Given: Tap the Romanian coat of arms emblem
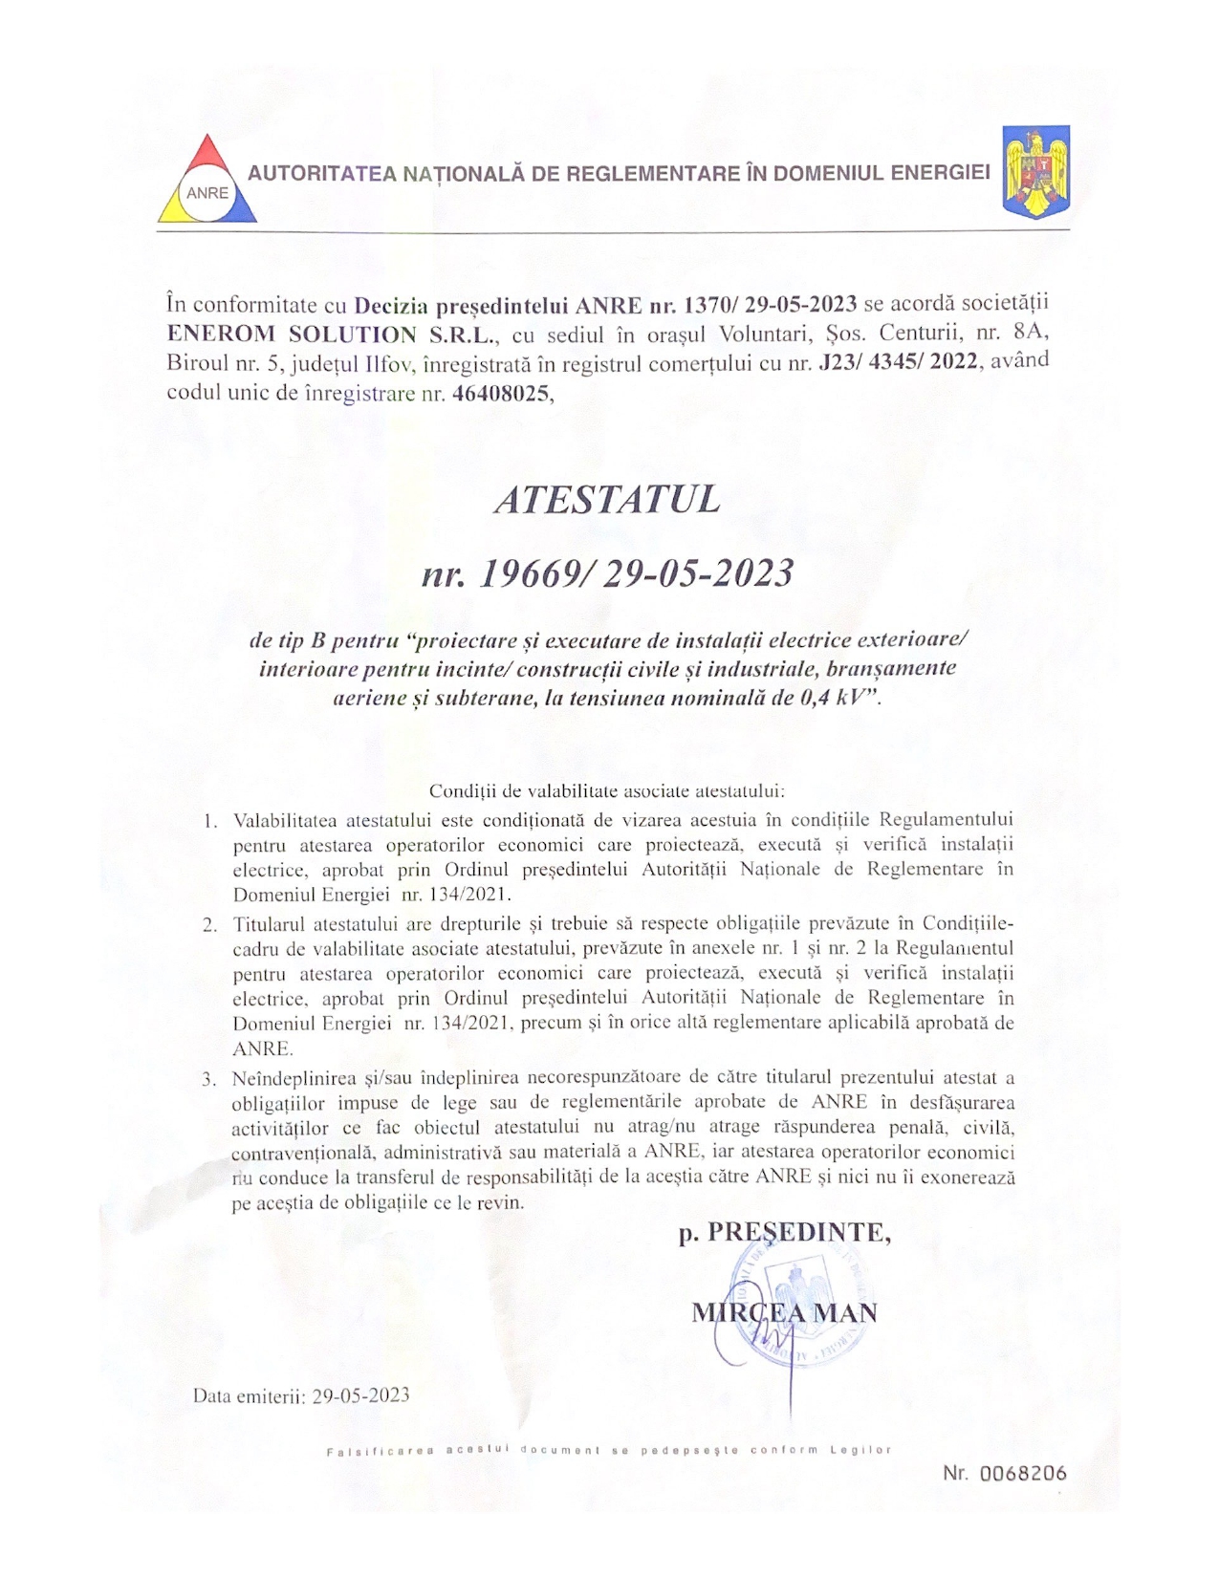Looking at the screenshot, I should (x=1035, y=172).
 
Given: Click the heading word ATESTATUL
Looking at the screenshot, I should (x=607, y=499).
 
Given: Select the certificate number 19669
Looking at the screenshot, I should (x=522, y=573).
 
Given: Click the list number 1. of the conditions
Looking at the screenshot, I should (x=210, y=821).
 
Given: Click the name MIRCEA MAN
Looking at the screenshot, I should (x=784, y=1312).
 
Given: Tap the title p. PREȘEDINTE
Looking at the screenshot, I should (x=785, y=1234).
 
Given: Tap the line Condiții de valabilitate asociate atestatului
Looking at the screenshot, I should (x=606, y=791).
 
